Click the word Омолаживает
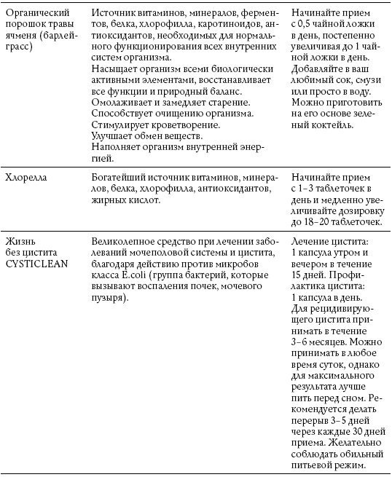(x=125, y=100)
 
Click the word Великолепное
(x=128, y=240)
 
